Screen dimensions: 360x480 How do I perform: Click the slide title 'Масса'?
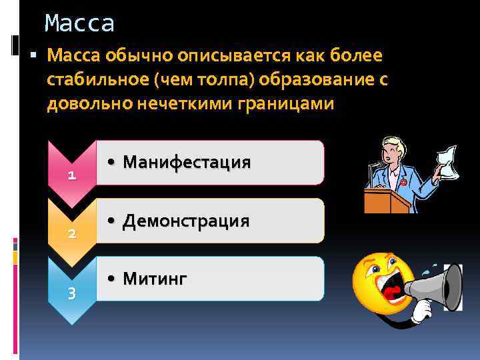[79, 23]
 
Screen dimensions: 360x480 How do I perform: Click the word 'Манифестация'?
[187, 162]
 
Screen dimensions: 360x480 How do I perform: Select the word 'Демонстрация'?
[186, 221]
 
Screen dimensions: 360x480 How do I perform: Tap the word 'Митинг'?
[155, 278]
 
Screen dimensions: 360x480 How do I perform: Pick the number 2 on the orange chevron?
[72, 234]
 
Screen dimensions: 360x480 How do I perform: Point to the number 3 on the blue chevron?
[72, 293]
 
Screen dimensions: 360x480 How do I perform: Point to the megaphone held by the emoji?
[440, 287]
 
